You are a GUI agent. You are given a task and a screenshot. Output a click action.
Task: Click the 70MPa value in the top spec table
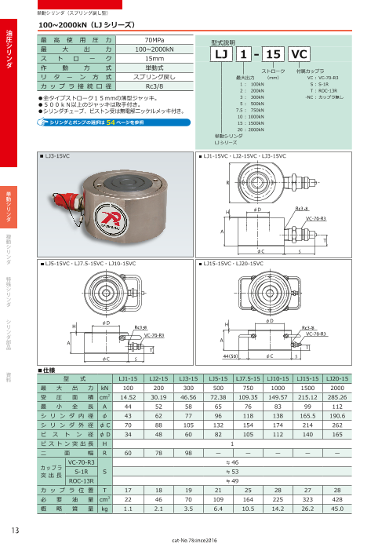pyautogui.click(x=155, y=38)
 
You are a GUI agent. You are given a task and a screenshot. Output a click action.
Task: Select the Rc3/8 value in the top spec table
pyautogui.click(x=155, y=86)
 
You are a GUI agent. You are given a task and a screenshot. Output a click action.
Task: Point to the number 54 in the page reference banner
pyautogui.click(x=111, y=123)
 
